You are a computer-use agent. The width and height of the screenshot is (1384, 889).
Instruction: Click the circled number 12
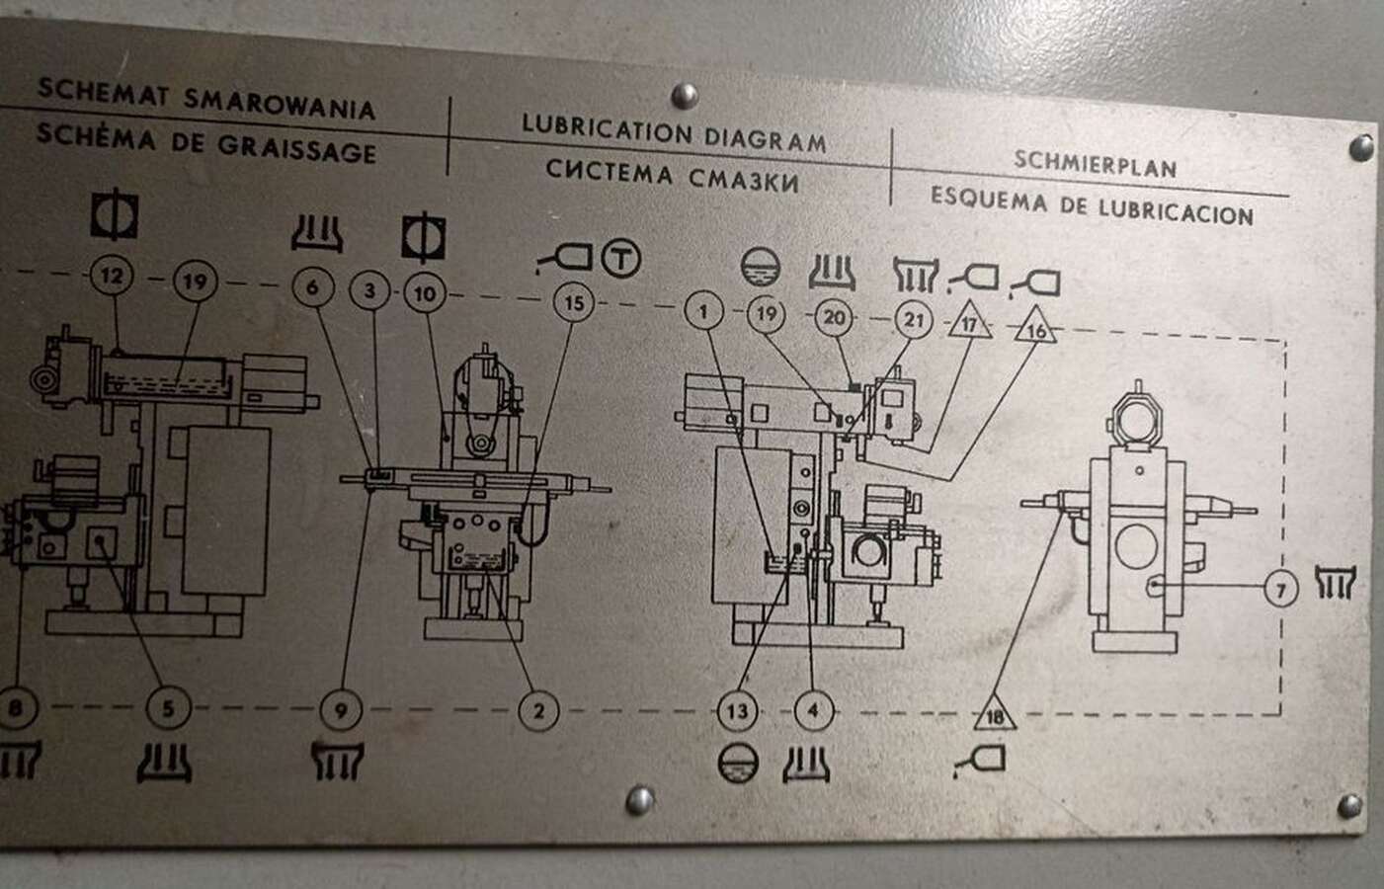tap(112, 276)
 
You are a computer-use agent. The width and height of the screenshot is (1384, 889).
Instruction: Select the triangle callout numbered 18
tap(995, 714)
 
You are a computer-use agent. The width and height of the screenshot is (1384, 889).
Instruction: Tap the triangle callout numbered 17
tap(969, 322)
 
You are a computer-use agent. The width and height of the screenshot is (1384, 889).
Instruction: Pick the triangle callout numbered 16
tap(1036, 327)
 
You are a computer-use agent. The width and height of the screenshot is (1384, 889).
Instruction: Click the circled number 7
tap(1281, 590)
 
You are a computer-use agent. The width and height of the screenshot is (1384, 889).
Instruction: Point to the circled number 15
tap(573, 302)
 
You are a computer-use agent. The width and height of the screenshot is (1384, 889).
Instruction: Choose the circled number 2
tap(538, 711)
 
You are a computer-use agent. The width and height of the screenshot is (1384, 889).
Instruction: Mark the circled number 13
tap(738, 712)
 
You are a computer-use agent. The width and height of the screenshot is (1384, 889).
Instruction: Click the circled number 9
tap(341, 710)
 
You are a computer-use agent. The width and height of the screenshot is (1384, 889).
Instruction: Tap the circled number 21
tap(913, 319)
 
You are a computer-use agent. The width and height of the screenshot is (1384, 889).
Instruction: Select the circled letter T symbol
tap(621, 258)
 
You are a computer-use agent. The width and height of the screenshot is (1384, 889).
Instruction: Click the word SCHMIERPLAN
tap(1095, 164)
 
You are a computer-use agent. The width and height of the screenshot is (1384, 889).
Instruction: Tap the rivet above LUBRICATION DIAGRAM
tap(685, 96)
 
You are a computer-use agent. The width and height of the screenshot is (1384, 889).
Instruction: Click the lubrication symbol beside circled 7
tap(1335, 582)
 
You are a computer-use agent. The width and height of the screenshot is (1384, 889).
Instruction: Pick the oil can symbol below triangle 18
tap(980, 761)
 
